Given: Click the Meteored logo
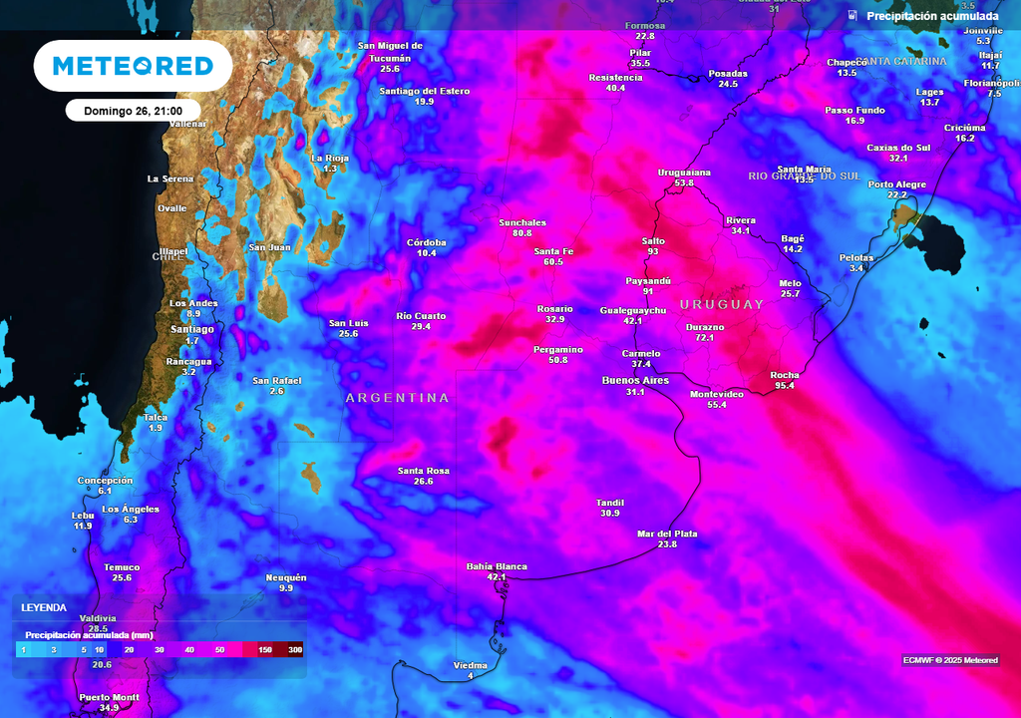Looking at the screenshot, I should (133, 66).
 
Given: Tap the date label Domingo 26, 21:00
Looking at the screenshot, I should (133, 111).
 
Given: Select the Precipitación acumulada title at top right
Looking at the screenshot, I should (931, 16).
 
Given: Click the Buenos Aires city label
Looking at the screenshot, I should (635, 380).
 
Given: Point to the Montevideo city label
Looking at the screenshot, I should (717, 394).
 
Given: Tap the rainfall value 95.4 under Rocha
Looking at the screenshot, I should (784, 386).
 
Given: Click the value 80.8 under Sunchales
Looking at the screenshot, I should (522, 233).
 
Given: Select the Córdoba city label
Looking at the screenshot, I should (427, 242).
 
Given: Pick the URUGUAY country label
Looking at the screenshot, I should (721, 304).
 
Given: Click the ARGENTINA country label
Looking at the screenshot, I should (397, 398).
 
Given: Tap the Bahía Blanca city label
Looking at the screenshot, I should (497, 566).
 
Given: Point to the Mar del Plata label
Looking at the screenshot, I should (667, 534).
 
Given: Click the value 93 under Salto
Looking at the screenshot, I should (653, 252).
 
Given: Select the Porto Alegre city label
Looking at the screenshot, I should (896, 184).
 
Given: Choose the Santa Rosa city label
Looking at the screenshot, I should (423, 471).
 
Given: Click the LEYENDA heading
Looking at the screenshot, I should (44, 607).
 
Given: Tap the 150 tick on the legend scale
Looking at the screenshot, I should (265, 650).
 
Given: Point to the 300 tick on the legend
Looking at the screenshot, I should (294, 650).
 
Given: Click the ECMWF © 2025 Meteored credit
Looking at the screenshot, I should (949, 660).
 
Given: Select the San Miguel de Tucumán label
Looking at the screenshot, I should (390, 51).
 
